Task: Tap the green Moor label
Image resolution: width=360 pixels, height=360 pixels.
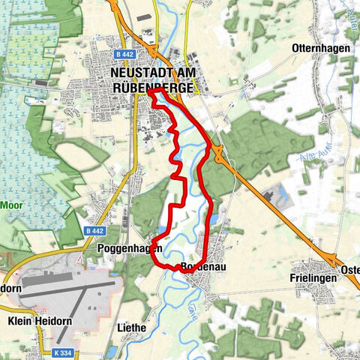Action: click(10, 204)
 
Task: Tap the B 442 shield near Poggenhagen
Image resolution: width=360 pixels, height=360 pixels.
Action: click(94, 232)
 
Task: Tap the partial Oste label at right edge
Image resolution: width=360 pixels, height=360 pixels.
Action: click(350, 270)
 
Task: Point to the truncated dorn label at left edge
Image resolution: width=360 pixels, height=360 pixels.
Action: click(10, 288)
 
